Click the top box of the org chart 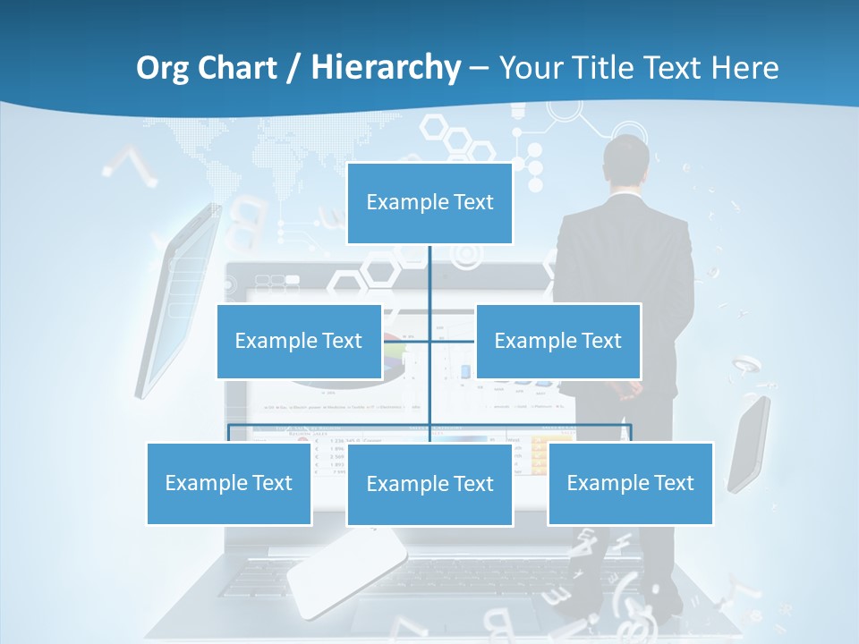coord(429,203)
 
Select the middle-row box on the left coord(299,341)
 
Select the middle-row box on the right coord(558,341)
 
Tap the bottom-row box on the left coord(229,483)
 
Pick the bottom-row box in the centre coord(429,484)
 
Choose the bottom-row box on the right coord(630,483)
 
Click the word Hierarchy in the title coord(386,67)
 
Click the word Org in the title coord(163,67)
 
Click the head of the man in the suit coord(625,161)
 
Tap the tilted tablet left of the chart coord(179,300)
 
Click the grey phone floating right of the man coord(749,444)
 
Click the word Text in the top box coord(473,202)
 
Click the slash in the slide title coord(293,68)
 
